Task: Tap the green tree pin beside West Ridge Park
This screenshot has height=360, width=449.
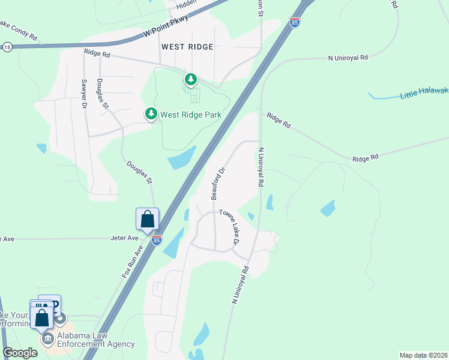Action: tap(151, 113)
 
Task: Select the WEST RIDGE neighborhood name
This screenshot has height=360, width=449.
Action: tap(187, 46)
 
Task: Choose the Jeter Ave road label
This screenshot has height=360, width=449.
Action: tap(124, 238)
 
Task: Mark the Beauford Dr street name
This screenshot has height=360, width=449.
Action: tap(217, 184)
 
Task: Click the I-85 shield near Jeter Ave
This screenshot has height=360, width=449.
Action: tap(156, 241)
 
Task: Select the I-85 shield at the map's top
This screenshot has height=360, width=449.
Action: tap(294, 22)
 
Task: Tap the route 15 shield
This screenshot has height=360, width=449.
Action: tap(7, 47)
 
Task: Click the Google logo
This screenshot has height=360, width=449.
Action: tap(20, 353)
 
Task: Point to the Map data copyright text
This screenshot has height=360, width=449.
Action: tap(423, 355)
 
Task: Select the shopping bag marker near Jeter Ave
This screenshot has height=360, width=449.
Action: tap(148, 220)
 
